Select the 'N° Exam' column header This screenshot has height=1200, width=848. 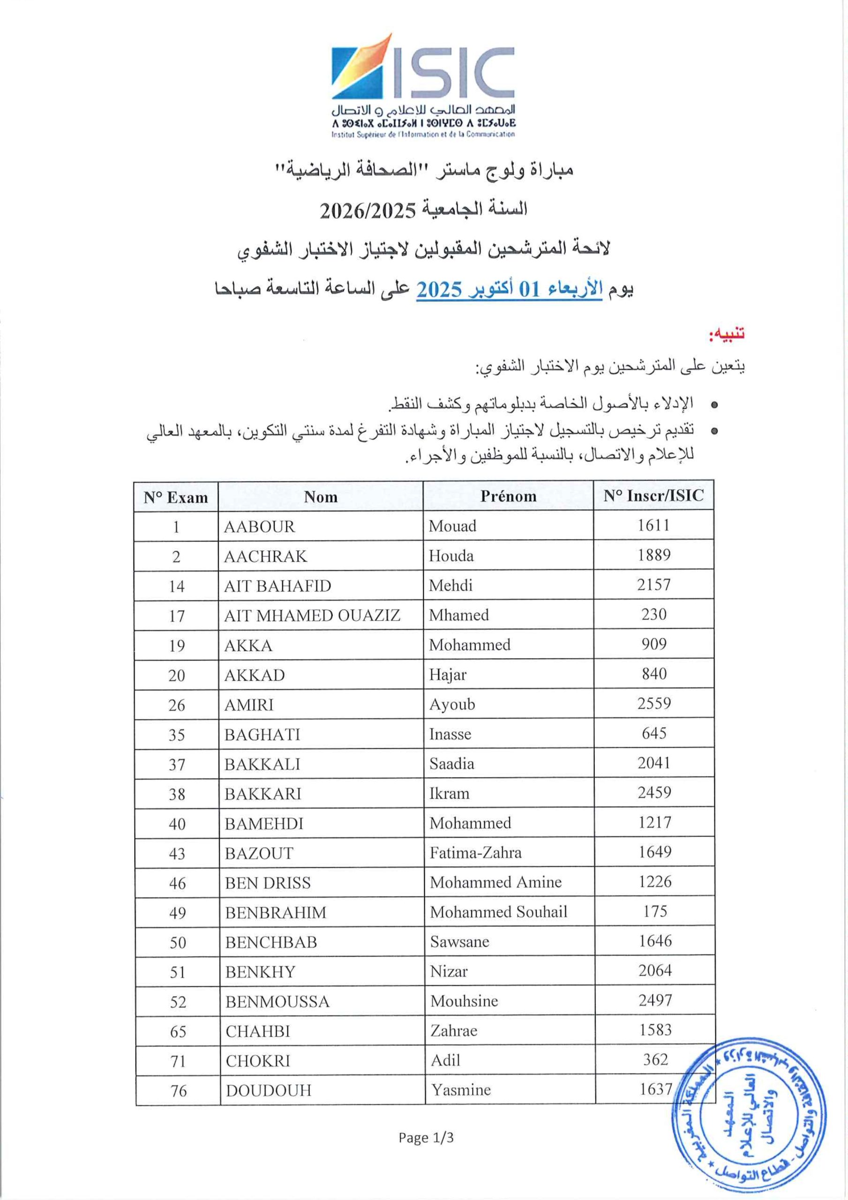pos(176,497)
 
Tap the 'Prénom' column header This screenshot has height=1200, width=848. pos(508,496)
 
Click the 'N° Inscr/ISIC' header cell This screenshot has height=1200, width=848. pos(653,495)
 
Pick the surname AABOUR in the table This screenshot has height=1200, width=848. pos(259,526)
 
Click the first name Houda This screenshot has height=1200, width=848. pos(451,555)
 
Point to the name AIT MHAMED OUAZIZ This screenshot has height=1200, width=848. pos(312,615)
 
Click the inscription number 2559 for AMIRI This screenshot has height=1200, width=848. pos(654,704)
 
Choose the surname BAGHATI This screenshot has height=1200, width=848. pos(263,735)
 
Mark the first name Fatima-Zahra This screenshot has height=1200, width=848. pos(475,853)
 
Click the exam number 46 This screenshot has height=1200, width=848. pos(177,883)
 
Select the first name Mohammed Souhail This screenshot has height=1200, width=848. pos(498,912)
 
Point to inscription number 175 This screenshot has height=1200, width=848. pos(655,912)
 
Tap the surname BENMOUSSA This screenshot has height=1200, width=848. pos(278,1001)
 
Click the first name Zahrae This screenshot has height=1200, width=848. pos(454,1031)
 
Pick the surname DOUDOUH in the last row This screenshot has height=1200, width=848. pos(269,1090)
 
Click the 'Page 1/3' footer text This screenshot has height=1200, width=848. pos(426,1137)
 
